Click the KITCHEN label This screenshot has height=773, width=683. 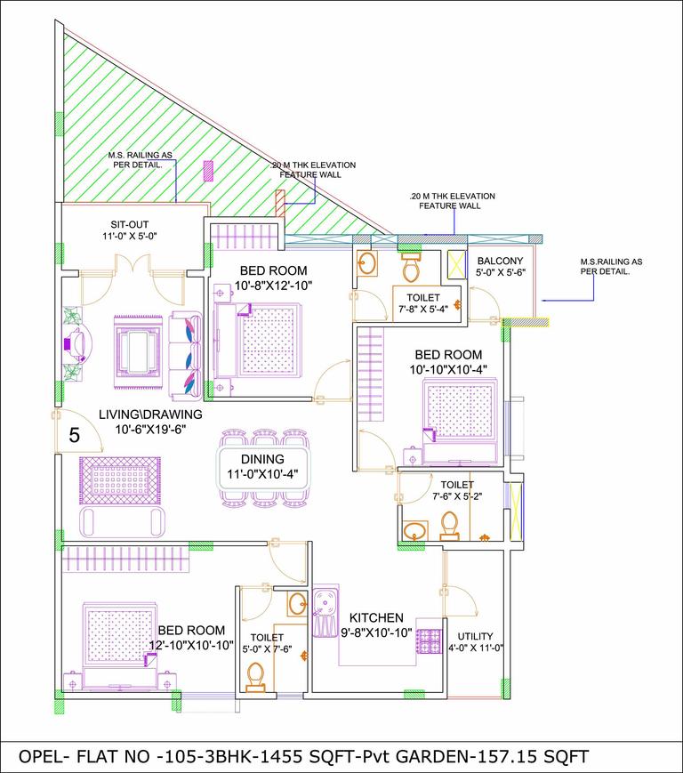coord(376,617)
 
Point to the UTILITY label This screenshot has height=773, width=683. coord(476,636)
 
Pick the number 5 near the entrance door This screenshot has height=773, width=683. coord(75,436)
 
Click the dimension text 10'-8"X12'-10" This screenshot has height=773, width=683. coord(273,286)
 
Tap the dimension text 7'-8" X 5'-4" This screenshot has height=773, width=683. coord(429,311)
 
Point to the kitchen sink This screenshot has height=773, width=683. coord(326,601)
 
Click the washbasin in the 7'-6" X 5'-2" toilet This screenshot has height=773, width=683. coord(414,532)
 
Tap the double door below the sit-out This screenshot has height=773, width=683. coord(132,265)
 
